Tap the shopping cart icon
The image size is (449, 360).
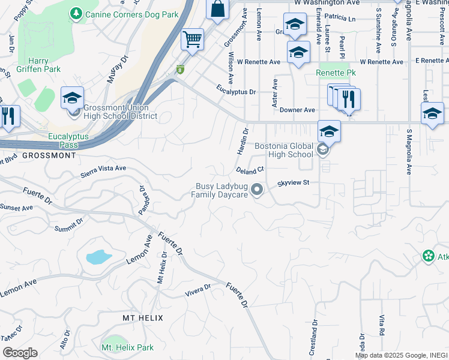click(192, 40)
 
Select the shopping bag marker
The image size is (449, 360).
click(218, 10)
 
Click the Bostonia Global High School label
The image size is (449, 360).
click(284, 150)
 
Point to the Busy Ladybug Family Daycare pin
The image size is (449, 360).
click(258, 190)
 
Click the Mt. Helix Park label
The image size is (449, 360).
click(127, 347)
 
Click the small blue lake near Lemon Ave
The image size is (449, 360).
click(98, 257)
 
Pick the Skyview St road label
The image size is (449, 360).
click(293, 183)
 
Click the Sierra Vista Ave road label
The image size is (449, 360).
click(103, 169)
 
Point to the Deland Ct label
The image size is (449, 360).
click(250, 170)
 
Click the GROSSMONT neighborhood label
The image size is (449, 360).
click(50, 155)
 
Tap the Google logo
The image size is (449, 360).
click(20, 353)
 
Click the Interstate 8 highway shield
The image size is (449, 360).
click(179, 70)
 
